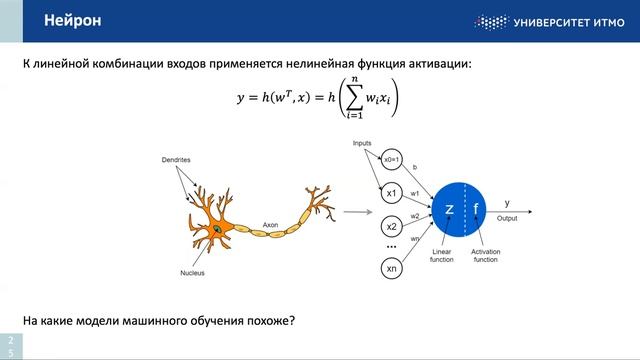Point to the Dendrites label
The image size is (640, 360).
pyautogui.click(x=176, y=160)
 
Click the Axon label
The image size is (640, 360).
pyautogui.click(x=270, y=225)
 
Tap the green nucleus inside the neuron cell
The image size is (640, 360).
pyautogui.click(x=217, y=232)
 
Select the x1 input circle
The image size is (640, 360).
pyautogui.click(x=392, y=192)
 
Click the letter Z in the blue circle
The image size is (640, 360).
pyautogui.click(x=450, y=210)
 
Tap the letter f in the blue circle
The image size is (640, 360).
pyautogui.click(x=476, y=210)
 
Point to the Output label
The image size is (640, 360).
pyautogui.click(x=507, y=218)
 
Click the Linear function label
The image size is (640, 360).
pyautogui.click(x=442, y=256)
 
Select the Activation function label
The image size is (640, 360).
pyautogui.click(x=485, y=256)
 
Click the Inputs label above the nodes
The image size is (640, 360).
pyautogui.click(x=362, y=143)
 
